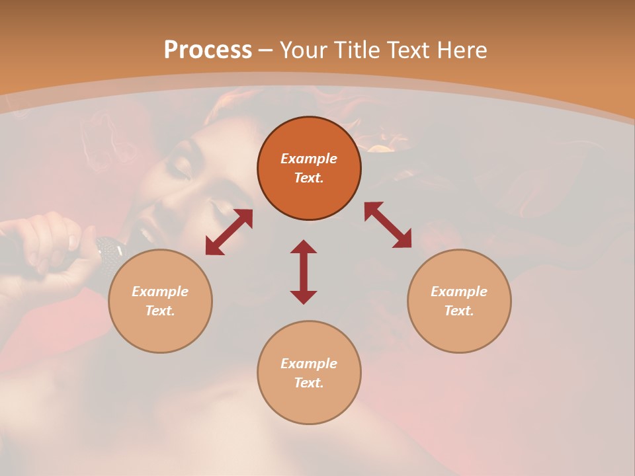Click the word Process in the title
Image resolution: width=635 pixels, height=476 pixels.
click(208, 50)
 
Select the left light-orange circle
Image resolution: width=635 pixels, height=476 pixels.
click(160, 331)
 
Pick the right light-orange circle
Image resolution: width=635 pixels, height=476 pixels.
click(459, 331)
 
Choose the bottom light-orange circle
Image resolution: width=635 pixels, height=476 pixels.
click(309, 403)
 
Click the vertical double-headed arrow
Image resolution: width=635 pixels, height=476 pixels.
click(304, 272)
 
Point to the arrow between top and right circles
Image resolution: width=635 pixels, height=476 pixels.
click(388, 225)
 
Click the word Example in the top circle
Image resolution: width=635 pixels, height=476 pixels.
click(309, 159)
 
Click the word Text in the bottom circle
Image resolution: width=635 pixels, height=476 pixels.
click(309, 383)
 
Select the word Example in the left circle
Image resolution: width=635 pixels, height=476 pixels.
click(160, 292)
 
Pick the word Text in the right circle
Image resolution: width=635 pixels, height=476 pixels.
click(459, 311)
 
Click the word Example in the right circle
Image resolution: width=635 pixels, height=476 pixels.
click(459, 292)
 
